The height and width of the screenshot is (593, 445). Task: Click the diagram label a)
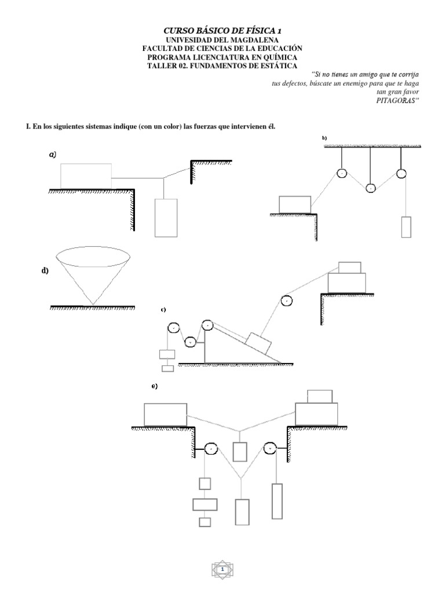(x=52, y=155)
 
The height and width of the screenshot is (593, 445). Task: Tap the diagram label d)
(x=45, y=272)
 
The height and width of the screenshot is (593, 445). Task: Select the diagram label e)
(x=155, y=386)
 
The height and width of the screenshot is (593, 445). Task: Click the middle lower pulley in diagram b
(x=370, y=188)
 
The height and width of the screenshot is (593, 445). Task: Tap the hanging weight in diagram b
(x=406, y=226)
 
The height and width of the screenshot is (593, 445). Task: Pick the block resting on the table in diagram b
(x=295, y=204)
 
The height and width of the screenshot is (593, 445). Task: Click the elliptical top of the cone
(x=93, y=255)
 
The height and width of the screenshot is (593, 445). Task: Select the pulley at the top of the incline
(x=208, y=326)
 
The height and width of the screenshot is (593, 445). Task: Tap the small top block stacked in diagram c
(x=349, y=267)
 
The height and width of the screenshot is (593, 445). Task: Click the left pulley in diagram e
(x=210, y=449)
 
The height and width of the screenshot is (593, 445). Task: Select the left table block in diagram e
(x=165, y=415)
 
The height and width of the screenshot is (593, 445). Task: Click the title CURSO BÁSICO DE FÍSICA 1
(x=222, y=30)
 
